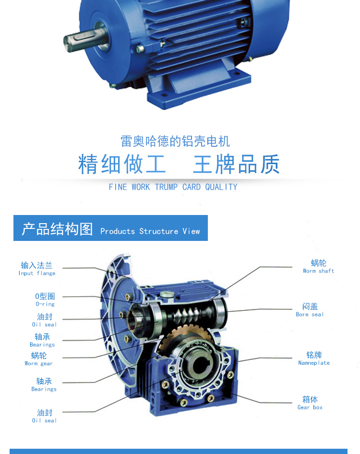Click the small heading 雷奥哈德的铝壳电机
pyautogui.click(x=175, y=141)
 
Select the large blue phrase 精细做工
pyautogui.click(x=122, y=164)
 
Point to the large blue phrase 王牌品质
pyautogui.click(x=236, y=164)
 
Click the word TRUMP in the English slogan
pyautogui.click(x=166, y=187)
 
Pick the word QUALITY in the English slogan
pyautogui.click(x=221, y=187)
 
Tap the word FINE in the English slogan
pyautogui.click(x=118, y=187)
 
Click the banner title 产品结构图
pyautogui.click(x=57, y=229)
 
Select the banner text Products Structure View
pyautogui.click(x=150, y=231)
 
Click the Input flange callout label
pyautogui.click(x=37, y=269)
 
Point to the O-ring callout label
pyautogui.click(x=45, y=300)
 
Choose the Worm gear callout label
pyautogui.click(x=39, y=359)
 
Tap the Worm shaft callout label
pyautogui.click(x=318, y=266)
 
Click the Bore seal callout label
pyautogui.click(x=310, y=310)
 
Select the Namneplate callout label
pyautogui.click(x=314, y=358)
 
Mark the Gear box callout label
pyautogui.click(x=310, y=403)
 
